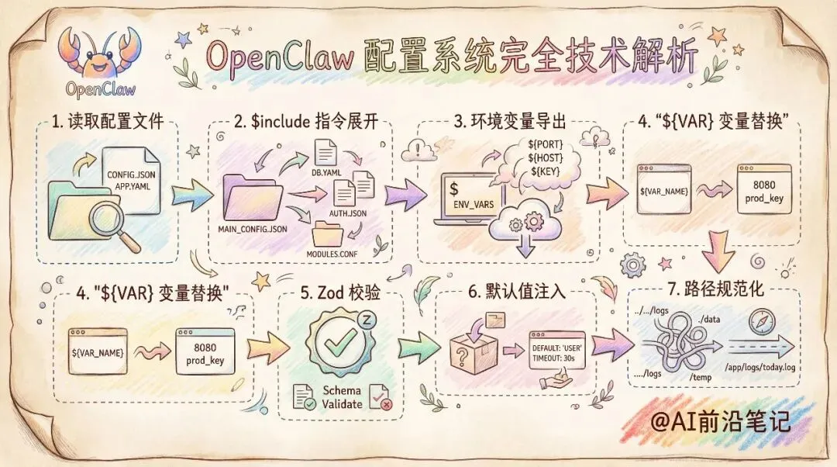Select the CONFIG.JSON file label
click(x=129, y=175)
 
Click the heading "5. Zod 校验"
click(x=339, y=292)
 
